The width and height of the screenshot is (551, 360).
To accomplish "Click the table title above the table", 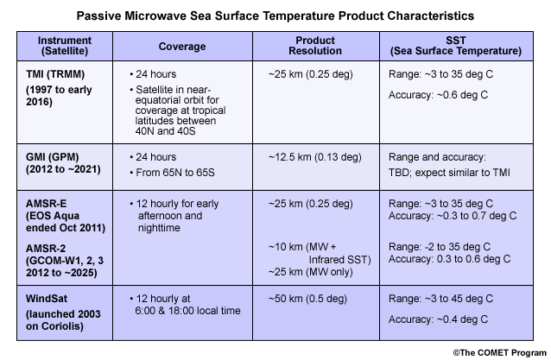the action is coord(275,16).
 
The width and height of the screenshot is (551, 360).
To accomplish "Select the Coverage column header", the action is coord(182,47).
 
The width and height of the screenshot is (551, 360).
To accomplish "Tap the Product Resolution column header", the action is coord(315,46).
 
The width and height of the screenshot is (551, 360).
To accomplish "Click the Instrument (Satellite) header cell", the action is coord(65,46).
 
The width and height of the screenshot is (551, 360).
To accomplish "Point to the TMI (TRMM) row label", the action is coord(55,74).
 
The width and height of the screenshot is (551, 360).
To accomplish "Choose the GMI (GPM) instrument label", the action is coord(53,157).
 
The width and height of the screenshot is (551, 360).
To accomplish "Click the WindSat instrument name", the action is coord(47,299).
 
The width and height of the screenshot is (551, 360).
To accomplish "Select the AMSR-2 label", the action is coord(46,249).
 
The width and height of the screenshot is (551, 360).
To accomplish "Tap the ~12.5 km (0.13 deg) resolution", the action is coord(315,157).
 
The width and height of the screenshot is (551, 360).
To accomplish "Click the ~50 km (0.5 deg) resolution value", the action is coord(307,299).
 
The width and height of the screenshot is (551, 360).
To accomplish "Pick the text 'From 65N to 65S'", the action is coord(175,173).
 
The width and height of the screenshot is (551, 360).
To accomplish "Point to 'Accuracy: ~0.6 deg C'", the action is coord(438,95).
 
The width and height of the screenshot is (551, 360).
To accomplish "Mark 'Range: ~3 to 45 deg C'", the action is coord(440,299).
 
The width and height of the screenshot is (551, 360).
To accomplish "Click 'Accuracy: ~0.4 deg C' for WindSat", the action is coord(438,319).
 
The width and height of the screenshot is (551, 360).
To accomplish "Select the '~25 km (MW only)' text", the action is coord(311,272).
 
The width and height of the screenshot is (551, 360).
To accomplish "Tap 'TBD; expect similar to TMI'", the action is coord(449,173).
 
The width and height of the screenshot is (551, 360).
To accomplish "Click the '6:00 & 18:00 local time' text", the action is coord(188,311).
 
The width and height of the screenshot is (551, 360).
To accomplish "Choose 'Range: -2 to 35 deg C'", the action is coord(440,247).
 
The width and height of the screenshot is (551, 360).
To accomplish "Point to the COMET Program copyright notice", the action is coord(500,352).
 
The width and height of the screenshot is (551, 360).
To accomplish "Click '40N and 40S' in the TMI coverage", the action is coord(165,131).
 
